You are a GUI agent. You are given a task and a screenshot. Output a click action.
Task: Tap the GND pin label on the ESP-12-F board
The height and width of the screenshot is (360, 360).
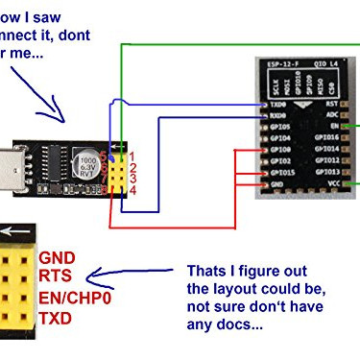277,183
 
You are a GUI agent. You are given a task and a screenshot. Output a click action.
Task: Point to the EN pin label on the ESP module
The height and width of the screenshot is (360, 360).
337,126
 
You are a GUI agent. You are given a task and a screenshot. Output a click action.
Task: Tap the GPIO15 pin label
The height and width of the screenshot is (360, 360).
281,172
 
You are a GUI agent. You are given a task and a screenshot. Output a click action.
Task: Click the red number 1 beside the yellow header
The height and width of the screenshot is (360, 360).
134,156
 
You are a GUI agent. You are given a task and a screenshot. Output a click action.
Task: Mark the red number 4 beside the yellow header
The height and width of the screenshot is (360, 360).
134,189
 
